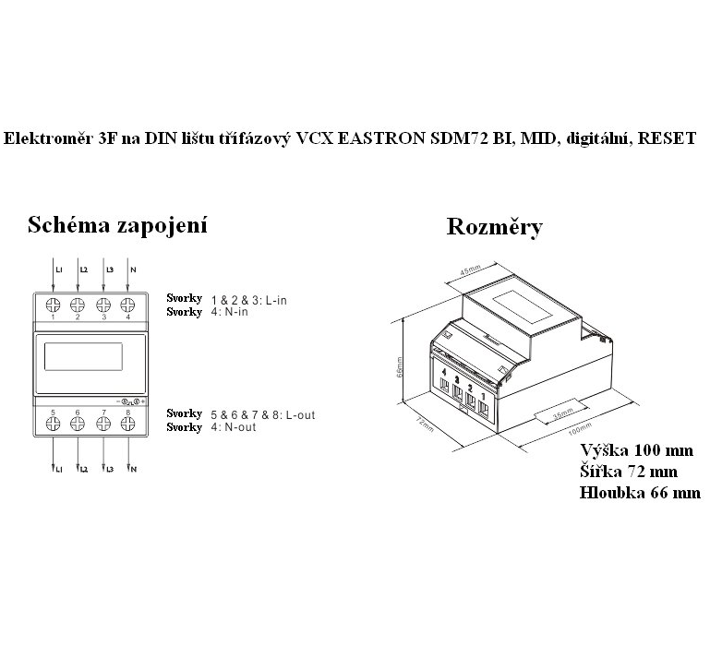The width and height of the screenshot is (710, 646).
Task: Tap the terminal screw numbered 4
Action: pyautogui.click(x=126, y=305)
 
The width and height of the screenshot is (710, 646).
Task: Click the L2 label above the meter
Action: pyautogui.click(x=83, y=270)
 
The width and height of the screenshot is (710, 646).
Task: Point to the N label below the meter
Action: pyautogui.click(x=134, y=471)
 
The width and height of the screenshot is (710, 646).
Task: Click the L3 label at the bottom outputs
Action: pyautogui.click(x=110, y=471)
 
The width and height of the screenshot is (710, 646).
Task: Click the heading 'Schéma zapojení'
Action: pyautogui.click(x=116, y=224)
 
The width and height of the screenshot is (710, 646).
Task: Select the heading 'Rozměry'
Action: pyautogui.click(x=494, y=227)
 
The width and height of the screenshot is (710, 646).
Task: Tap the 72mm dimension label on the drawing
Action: pyautogui.click(x=424, y=423)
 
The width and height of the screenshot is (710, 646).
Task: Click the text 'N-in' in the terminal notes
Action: pyautogui.click(x=237, y=312)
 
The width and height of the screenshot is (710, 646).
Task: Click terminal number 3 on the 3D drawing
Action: pyautogui.click(x=458, y=377)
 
